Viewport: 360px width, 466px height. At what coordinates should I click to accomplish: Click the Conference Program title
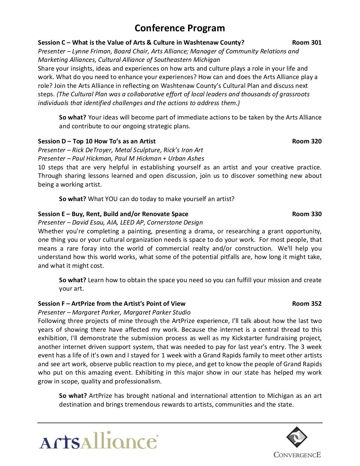pos(180,28)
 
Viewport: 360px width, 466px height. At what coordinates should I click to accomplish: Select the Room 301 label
pos(307,43)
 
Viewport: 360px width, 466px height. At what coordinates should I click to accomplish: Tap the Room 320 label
pos(307,141)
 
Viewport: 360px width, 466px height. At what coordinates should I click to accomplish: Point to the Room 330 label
pos(307,214)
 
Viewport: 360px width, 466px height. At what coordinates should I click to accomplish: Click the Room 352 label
pos(307,304)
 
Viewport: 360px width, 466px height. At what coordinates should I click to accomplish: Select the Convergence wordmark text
pos(297,455)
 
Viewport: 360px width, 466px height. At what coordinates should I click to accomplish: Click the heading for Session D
pos(97,141)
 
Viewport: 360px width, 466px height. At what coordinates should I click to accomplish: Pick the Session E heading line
pos(113,214)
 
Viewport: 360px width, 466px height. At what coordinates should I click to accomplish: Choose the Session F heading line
pos(111,304)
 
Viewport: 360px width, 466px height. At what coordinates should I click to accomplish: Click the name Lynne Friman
pos(91,51)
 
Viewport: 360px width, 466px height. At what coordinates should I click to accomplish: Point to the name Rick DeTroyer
pos(92,150)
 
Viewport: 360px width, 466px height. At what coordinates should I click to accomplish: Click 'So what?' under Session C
pos(72,117)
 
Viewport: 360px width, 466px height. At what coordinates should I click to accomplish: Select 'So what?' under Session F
pos(73,396)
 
